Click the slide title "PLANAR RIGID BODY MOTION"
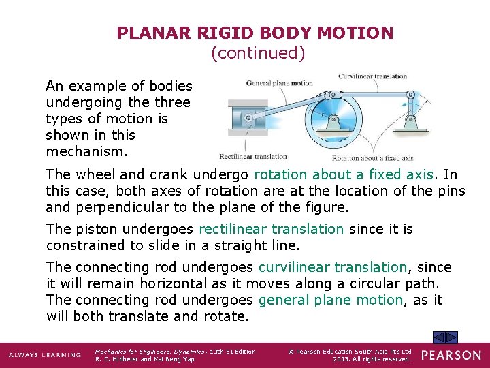pos(255,33)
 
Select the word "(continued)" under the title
pos(258,52)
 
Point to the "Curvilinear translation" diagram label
pos(373,76)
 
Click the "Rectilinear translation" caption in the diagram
pos(253,156)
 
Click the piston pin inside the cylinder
pos(248,118)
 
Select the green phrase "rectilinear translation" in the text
pos(271,229)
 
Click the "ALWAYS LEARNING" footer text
pos(45,356)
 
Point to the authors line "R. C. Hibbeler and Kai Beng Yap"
pos(145,359)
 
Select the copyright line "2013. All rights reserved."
pos(372,359)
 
